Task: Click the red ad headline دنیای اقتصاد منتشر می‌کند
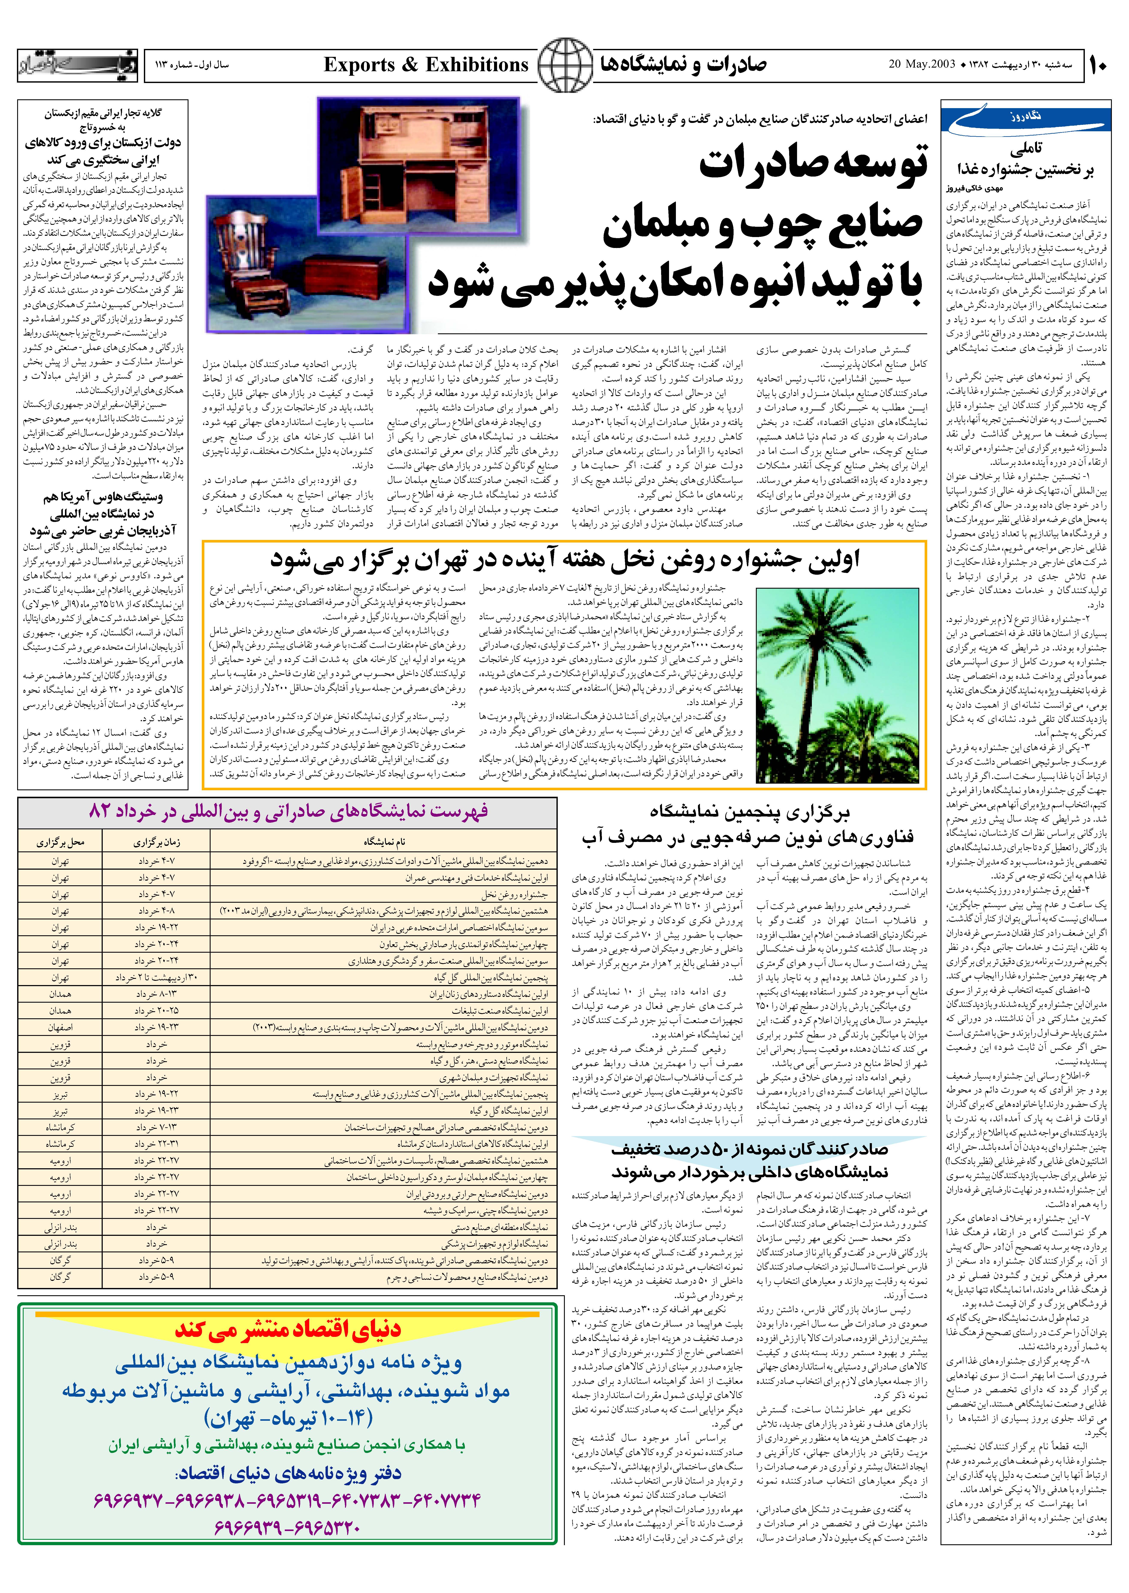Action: pos(288,1329)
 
